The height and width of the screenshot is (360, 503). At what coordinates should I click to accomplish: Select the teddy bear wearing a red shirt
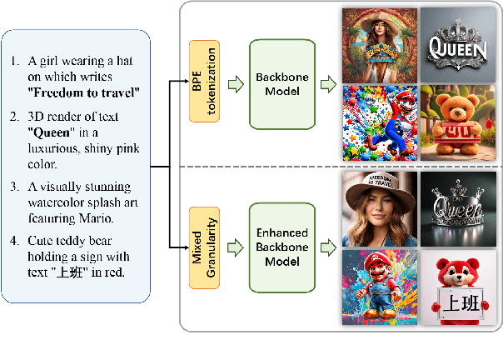pos(457,121)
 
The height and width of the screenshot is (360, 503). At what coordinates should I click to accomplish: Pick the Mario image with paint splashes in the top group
pos(379,122)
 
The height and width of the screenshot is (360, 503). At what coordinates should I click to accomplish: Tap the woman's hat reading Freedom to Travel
pos(379,187)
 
